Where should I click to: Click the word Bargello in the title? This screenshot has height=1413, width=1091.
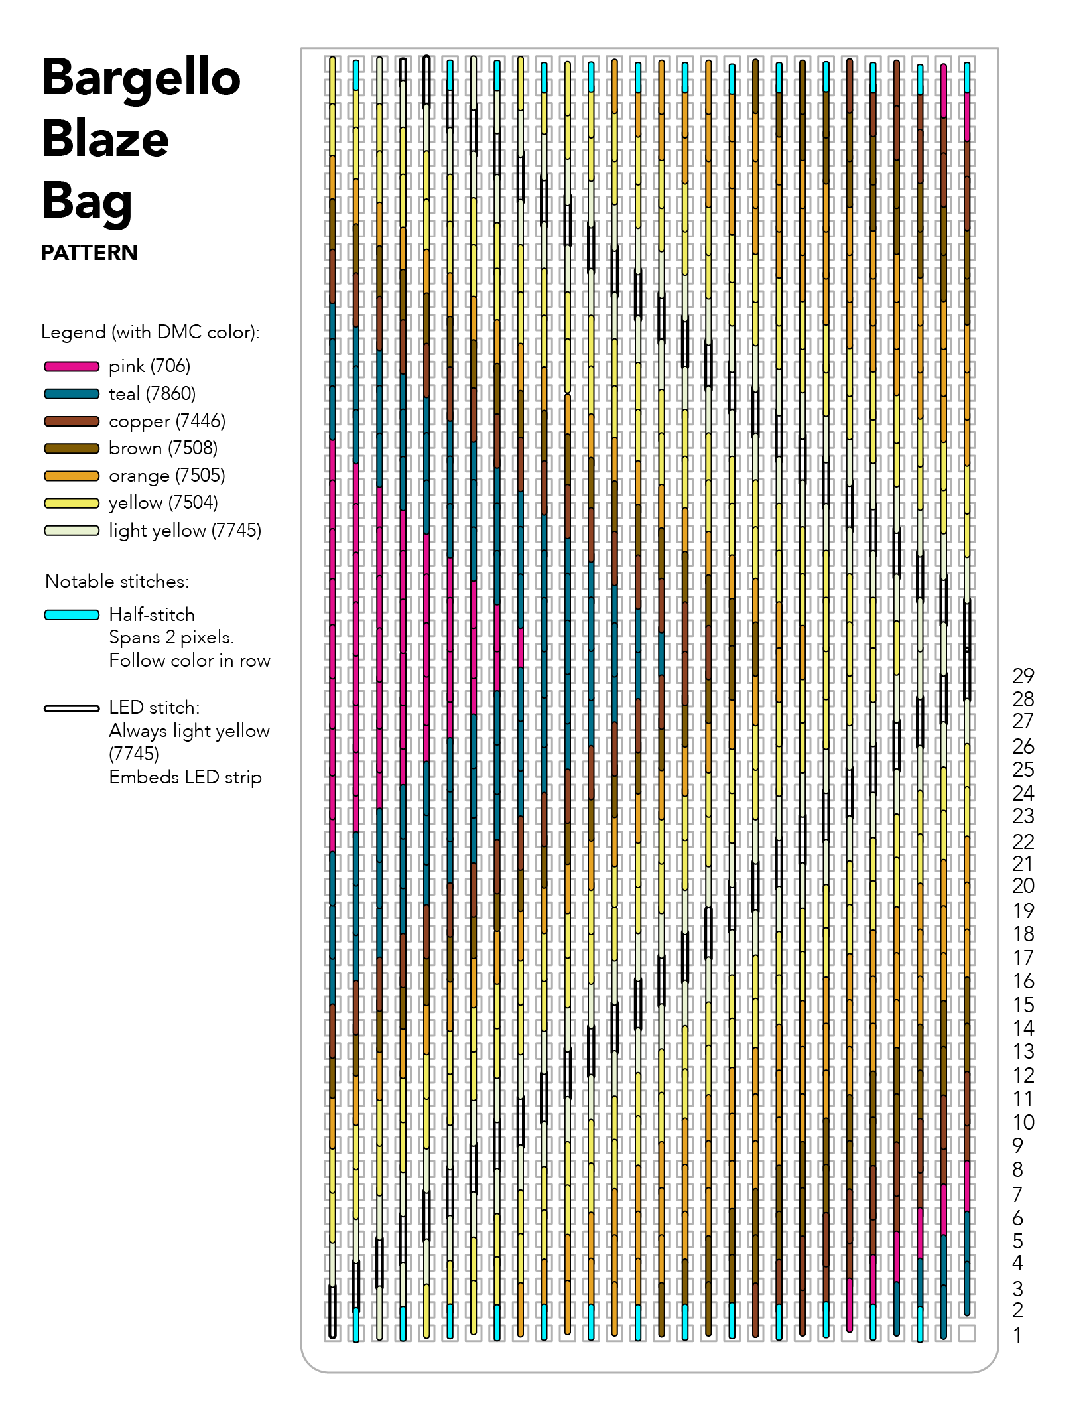coord(141,78)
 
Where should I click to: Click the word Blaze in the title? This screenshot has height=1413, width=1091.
coord(105,139)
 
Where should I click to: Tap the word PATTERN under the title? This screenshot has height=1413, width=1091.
coord(89,253)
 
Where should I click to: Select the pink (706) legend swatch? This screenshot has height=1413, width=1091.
coord(72,366)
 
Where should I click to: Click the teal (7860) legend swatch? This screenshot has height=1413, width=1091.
coord(72,394)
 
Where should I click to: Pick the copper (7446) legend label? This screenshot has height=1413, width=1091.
coord(166,421)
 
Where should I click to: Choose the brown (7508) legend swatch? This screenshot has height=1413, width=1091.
coord(72,448)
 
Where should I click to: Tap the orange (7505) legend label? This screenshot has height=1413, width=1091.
coord(166,476)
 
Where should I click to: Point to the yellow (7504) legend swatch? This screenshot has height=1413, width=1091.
coord(72,503)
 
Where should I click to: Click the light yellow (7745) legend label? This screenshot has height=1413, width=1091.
coord(184,531)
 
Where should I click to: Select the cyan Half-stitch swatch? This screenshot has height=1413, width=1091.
coord(72,615)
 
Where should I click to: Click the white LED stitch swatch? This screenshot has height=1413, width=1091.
coord(72,708)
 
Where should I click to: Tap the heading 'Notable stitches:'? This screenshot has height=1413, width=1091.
coord(117,582)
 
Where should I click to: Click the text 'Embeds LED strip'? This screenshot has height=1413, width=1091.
coord(185,777)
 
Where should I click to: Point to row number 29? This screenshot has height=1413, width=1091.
coord(1023,676)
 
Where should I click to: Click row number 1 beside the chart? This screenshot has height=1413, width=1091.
coord(1017,1335)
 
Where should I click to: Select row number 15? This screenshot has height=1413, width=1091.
coord(1023,1005)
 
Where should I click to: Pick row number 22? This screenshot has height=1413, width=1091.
coord(1023,842)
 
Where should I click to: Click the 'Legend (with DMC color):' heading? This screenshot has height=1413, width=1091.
coord(150,332)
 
